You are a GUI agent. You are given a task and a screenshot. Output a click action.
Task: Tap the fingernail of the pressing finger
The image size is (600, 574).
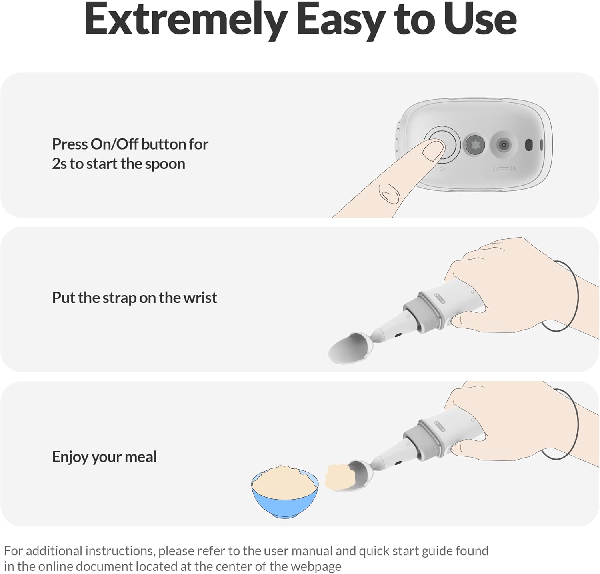(x=434, y=150)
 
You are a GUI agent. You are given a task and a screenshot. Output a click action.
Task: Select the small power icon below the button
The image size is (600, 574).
(x=442, y=169)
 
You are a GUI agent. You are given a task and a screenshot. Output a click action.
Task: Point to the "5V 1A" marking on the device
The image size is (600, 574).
(x=504, y=169)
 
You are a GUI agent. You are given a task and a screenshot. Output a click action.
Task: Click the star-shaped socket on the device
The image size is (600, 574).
(x=475, y=144)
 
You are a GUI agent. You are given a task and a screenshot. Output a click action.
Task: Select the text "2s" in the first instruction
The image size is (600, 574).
(x=59, y=164)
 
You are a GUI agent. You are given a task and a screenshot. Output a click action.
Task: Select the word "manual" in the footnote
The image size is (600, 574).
(x=310, y=551)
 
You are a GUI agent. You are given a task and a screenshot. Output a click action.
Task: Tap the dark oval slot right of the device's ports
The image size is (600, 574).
(x=528, y=145)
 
